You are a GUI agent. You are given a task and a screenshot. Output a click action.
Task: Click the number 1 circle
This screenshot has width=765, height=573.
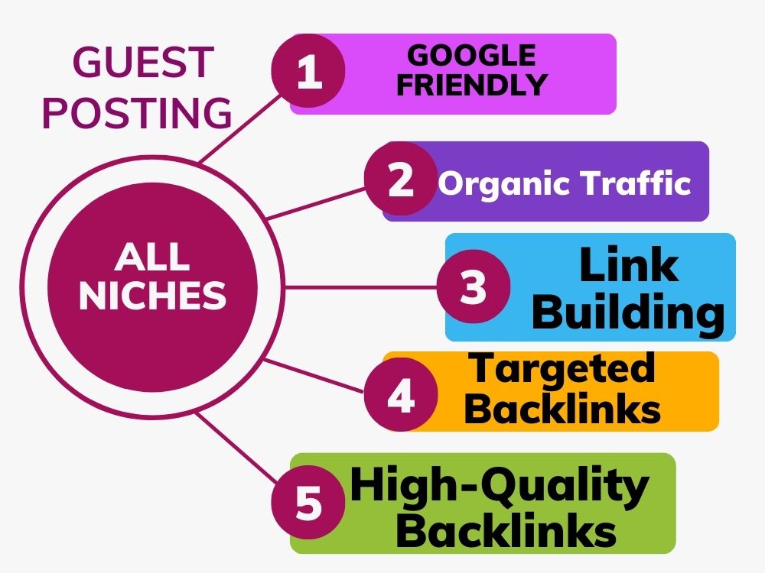[308, 71]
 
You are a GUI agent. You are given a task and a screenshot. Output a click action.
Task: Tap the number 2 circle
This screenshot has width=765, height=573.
[401, 179]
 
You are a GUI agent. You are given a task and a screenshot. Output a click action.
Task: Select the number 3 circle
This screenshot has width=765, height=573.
[474, 286]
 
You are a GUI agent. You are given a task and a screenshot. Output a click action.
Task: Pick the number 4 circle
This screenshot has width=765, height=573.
[401, 394]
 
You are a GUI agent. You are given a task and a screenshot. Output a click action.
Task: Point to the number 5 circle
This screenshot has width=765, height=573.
[308, 502]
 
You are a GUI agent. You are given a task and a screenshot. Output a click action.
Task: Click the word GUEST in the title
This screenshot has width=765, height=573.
[144, 62]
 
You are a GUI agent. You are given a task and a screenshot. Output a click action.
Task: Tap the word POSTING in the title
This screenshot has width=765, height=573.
[137, 112]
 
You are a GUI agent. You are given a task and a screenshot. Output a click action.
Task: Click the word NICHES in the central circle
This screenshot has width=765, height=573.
[153, 295]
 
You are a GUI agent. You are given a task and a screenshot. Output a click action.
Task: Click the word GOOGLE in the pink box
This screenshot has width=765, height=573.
[472, 55]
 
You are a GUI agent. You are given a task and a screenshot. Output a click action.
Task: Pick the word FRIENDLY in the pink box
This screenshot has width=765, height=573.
[472, 84]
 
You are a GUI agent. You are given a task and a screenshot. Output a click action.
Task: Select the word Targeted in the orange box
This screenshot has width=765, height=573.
[562, 370]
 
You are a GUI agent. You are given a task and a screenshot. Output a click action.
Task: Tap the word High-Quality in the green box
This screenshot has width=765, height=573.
[500, 486]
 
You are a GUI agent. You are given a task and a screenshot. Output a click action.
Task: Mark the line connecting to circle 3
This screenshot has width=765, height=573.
[360, 287]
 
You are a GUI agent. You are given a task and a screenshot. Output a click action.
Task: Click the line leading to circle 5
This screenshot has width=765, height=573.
[236, 448]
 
